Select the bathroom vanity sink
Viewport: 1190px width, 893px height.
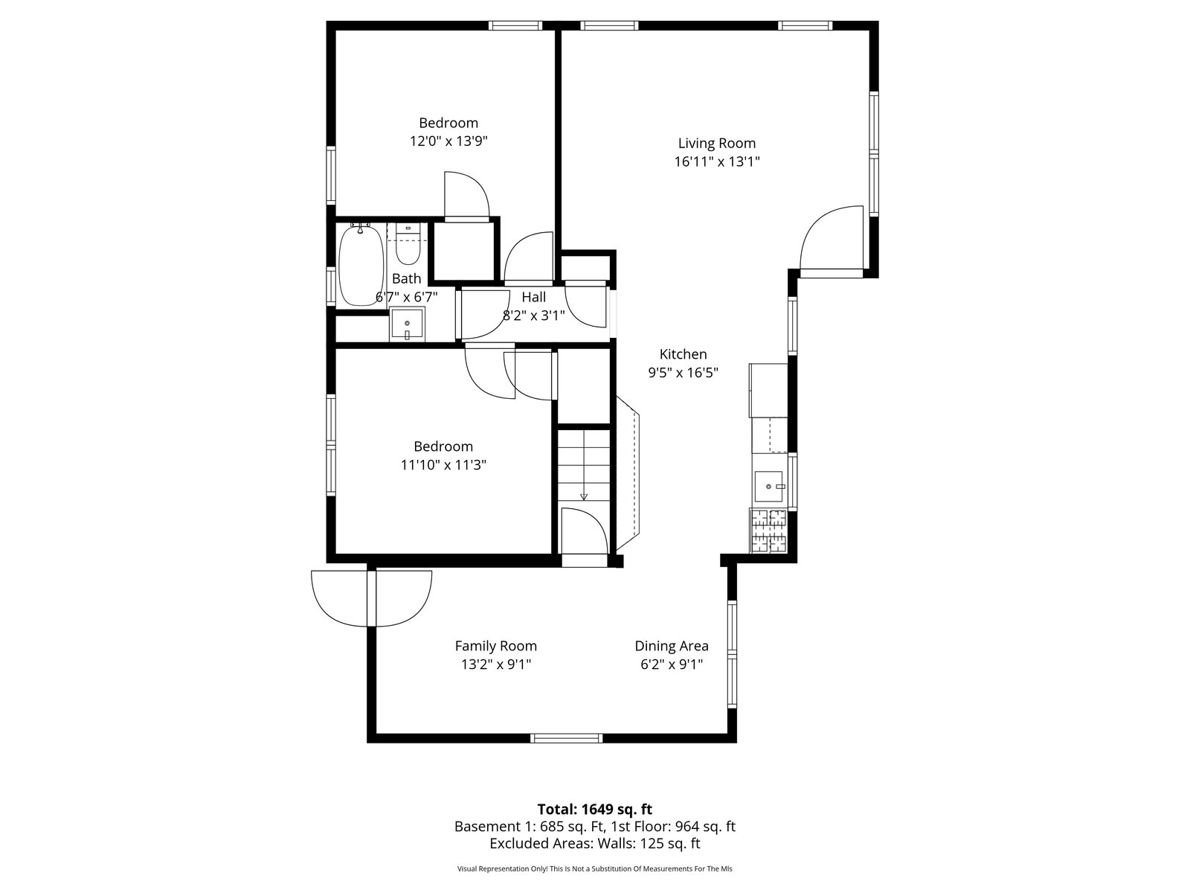[407, 324]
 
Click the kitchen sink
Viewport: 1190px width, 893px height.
[769, 487]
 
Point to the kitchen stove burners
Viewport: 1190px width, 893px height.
[769, 531]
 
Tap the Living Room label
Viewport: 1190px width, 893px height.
[717, 143]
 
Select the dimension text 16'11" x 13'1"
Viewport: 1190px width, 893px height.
[717, 161]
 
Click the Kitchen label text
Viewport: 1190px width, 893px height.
[683, 354]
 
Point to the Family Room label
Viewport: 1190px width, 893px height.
[495, 646]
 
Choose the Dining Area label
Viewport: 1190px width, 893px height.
[672, 646]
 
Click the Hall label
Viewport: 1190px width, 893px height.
[534, 297]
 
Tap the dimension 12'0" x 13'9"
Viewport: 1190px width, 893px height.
[448, 141]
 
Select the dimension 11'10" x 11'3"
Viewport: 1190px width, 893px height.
[443, 464]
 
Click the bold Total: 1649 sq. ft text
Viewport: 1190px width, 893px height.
[595, 810]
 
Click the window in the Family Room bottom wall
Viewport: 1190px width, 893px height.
[566, 738]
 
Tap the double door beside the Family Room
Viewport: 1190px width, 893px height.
[371, 598]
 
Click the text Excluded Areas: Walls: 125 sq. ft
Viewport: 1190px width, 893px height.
[595, 844]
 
